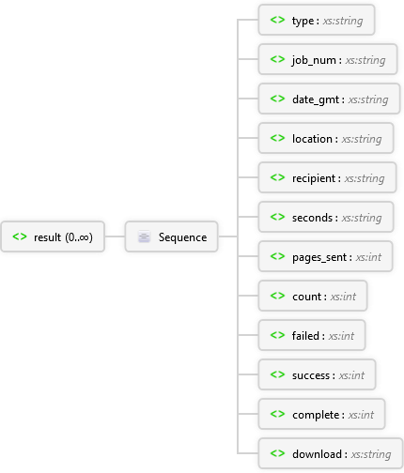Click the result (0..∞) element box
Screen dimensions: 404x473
click(53, 236)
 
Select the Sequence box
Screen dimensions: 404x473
click(171, 236)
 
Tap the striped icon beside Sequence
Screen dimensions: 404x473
click(144, 236)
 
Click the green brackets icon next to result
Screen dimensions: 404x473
click(20, 236)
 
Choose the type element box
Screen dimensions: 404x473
click(317, 20)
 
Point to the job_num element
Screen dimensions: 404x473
click(328, 59)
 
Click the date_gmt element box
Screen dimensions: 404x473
click(329, 99)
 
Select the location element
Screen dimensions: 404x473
click(326, 138)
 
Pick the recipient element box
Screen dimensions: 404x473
click(327, 177)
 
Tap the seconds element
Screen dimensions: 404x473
click(326, 217)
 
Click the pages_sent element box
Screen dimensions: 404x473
click(325, 256)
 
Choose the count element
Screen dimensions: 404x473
click(313, 296)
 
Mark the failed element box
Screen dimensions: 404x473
click(312, 335)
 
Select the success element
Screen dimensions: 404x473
click(317, 374)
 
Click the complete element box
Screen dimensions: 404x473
click(321, 414)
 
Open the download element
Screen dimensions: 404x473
click(331, 453)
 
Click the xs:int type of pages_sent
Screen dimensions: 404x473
click(368, 257)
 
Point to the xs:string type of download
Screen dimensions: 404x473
click(371, 454)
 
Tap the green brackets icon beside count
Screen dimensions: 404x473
click(277, 296)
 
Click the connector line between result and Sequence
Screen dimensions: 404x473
click(115, 236)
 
